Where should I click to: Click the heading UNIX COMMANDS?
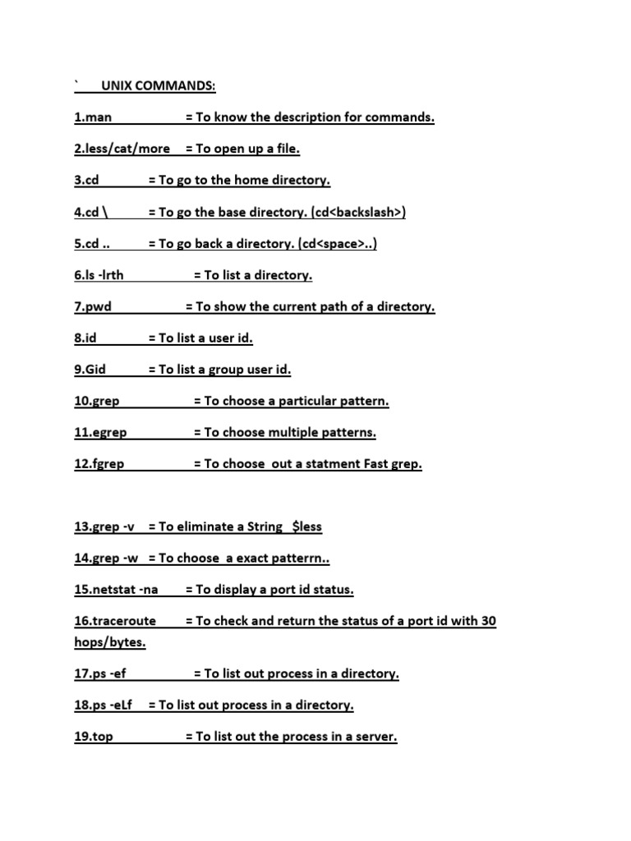(x=159, y=86)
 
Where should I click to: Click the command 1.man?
(x=93, y=117)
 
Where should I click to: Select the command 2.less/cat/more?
(x=122, y=149)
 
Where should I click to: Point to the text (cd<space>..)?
(x=338, y=244)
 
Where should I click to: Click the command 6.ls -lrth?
(x=99, y=275)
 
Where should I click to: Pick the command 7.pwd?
(x=93, y=306)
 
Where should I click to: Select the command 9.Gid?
(x=90, y=370)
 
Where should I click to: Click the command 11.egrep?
(x=100, y=432)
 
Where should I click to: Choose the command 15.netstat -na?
(x=116, y=590)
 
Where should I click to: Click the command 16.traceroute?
(x=115, y=621)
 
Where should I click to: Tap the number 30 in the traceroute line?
(x=488, y=621)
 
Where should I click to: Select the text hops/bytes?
(x=109, y=642)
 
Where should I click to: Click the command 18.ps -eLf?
(x=104, y=705)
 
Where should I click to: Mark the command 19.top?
(x=94, y=737)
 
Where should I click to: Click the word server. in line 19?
(x=374, y=737)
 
